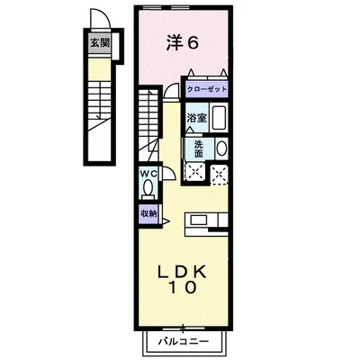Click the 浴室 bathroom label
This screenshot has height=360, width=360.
194,117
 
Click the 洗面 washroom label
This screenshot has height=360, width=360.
195,148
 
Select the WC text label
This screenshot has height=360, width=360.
148,175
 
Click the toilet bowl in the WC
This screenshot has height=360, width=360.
148,188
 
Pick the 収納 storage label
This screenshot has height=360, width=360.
148,213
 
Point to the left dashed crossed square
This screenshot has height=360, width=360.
193,172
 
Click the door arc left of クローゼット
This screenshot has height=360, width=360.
173,92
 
